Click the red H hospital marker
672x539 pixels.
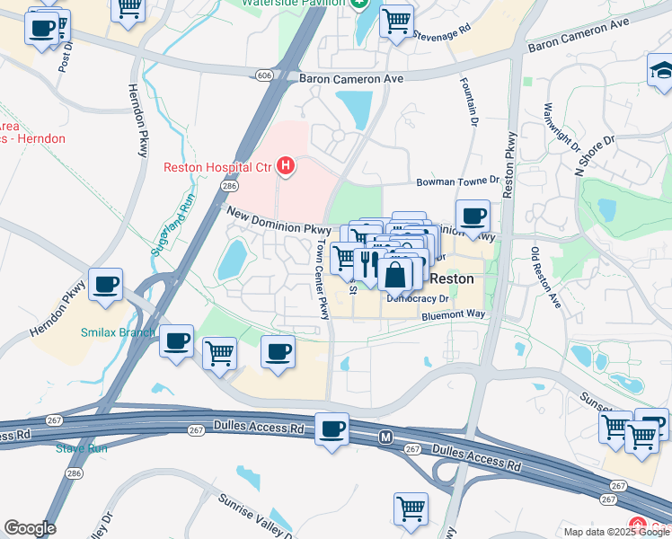pyautogui.click(x=286, y=165)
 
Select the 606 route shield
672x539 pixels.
pyautogui.click(x=263, y=76)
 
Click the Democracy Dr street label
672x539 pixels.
pyautogui.click(x=417, y=297)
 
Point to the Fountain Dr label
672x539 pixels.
pyautogui.click(x=471, y=101)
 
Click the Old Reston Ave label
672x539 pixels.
pyautogui.click(x=546, y=278)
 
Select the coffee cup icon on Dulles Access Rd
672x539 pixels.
pyautogui.click(x=332, y=429)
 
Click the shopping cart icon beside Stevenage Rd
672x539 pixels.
pyautogui.click(x=395, y=21)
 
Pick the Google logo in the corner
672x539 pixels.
pyautogui.click(x=30, y=528)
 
